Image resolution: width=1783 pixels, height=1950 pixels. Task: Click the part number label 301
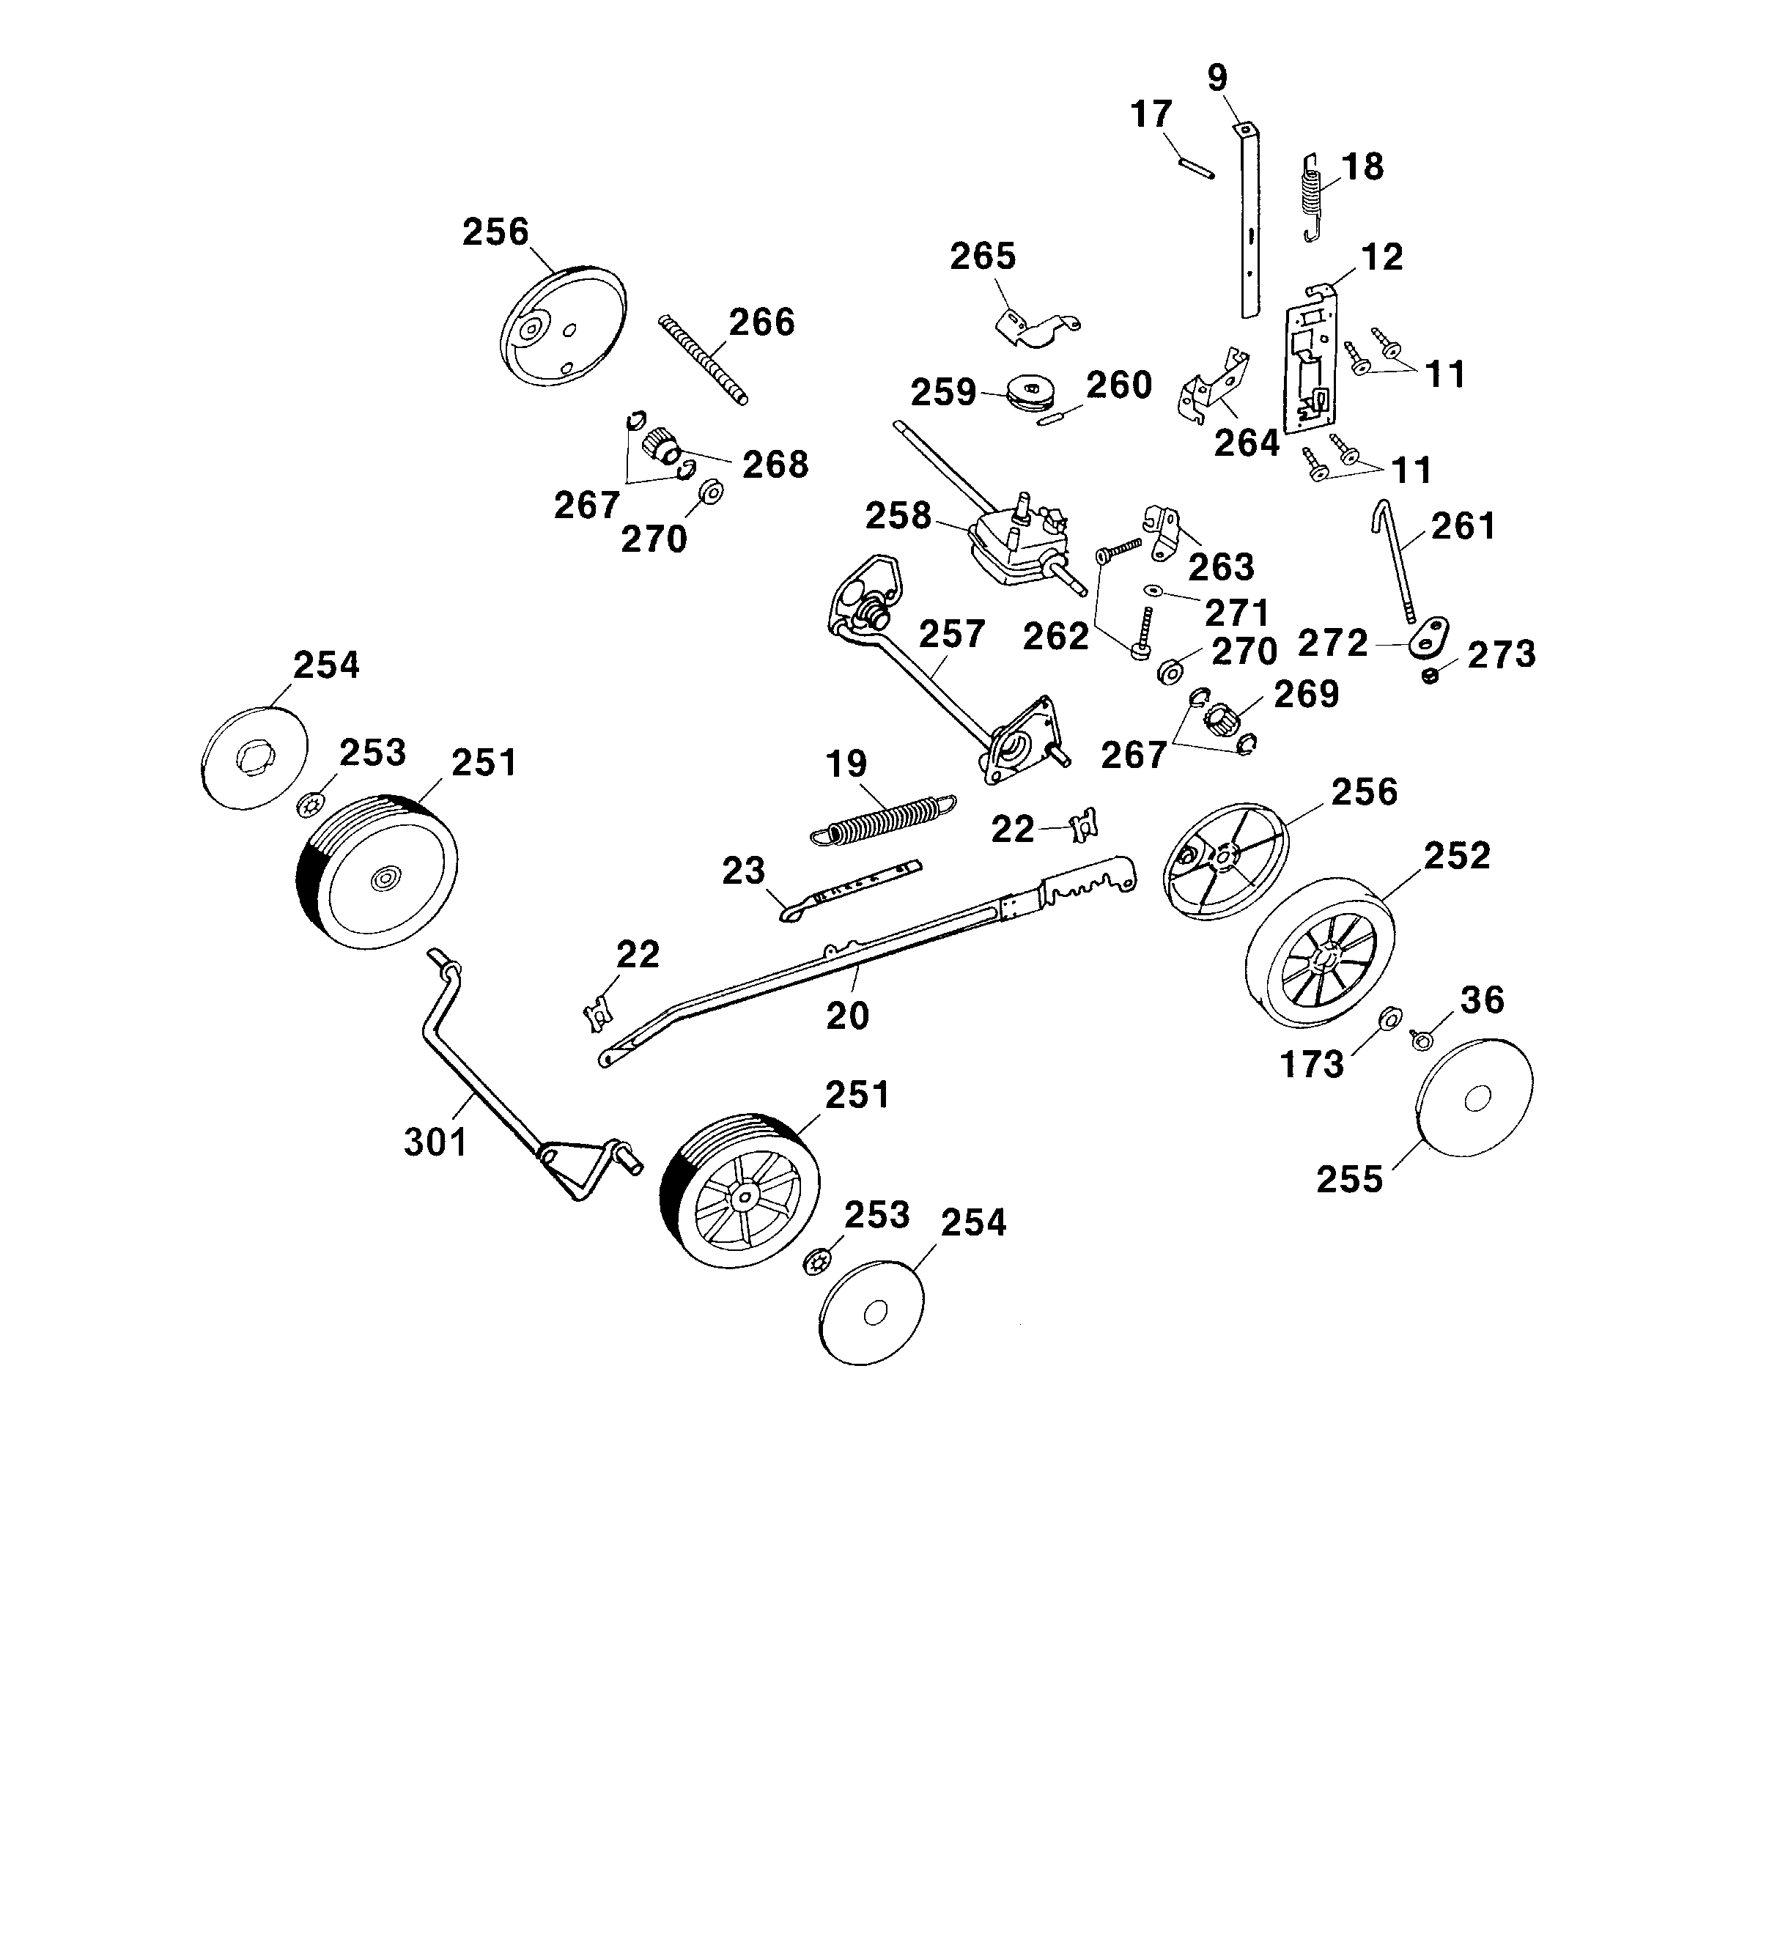coord(436,1142)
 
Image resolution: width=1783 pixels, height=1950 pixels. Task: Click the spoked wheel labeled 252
coord(1321,953)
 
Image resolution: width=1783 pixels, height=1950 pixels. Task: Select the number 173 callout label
coord(1312,1064)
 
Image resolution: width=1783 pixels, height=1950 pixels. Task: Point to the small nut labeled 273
coord(1431,675)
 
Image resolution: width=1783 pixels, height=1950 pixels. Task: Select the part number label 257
coord(951,635)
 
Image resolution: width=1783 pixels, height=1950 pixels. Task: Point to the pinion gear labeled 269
coord(1221,720)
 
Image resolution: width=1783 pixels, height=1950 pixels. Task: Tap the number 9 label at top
coord(1217,78)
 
